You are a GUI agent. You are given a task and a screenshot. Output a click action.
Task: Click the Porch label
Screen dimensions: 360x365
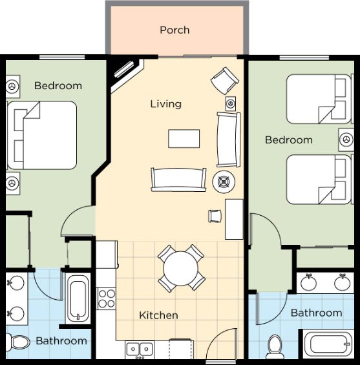[175, 30]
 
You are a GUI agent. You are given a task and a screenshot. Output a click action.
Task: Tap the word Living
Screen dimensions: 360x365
[165, 104]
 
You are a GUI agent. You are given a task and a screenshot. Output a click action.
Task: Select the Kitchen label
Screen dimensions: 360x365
[158, 315]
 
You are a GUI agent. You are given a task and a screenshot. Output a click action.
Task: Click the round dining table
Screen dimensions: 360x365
[181, 268]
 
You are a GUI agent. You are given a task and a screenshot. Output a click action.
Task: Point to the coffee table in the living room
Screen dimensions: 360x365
[184, 139]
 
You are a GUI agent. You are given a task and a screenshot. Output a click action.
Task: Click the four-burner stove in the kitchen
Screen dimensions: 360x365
[106, 298]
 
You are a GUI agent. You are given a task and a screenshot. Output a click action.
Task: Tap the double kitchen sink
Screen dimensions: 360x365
[140, 349]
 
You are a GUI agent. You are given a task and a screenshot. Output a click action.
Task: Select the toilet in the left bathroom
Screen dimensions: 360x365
[18, 342]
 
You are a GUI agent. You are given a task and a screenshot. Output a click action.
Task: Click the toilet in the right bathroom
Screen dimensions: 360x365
[275, 347]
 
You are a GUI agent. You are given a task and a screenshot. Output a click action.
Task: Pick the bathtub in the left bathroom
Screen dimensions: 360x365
[78, 298]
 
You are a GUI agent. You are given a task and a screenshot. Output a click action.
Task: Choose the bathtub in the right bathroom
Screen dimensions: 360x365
[328, 344]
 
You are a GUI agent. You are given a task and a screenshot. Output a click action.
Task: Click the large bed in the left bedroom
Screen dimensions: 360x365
[42, 135]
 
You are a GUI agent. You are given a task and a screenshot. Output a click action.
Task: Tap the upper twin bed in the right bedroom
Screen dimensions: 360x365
[319, 99]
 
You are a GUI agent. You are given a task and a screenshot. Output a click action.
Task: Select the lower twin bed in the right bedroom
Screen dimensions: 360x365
[319, 180]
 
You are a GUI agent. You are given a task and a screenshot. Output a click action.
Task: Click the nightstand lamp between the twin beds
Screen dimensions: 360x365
[346, 140]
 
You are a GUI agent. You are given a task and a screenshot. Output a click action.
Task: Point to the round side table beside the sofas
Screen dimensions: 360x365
[224, 182]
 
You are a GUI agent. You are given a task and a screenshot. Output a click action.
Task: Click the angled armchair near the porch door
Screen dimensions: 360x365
[225, 81]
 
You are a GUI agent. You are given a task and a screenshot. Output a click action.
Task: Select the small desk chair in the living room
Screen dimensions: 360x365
[215, 216]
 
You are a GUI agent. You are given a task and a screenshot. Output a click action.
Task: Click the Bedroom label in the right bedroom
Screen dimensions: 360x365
[289, 140]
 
